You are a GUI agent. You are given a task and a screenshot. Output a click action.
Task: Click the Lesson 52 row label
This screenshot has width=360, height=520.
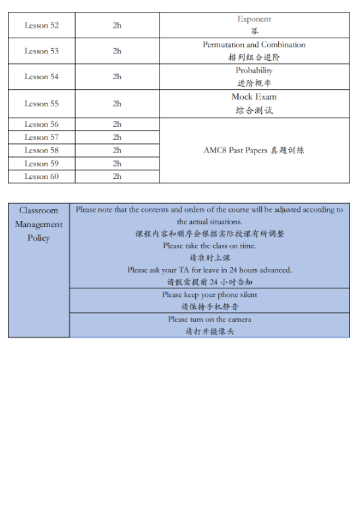click(42, 25)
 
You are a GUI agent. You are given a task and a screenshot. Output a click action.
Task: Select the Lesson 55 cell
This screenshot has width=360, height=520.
click(42, 104)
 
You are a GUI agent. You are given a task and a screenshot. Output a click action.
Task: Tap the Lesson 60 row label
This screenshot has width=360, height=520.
click(42, 176)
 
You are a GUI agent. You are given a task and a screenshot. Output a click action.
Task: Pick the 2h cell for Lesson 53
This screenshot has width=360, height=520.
click(117, 51)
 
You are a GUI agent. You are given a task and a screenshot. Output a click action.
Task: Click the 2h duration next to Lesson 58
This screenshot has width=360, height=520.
click(117, 150)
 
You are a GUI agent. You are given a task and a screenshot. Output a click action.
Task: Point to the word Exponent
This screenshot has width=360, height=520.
click(254, 19)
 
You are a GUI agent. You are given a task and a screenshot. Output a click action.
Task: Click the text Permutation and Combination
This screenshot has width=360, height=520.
click(254, 45)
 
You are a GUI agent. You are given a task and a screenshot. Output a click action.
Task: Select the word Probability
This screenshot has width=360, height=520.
click(254, 71)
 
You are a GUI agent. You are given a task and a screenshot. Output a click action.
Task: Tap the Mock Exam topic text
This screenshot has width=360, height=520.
click(254, 97)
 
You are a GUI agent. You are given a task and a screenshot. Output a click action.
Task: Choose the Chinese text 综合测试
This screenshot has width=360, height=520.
click(254, 110)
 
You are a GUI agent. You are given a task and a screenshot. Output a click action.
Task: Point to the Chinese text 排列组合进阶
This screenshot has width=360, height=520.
click(254, 57)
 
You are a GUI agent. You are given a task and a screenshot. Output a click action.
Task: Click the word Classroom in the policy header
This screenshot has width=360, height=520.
click(38, 211)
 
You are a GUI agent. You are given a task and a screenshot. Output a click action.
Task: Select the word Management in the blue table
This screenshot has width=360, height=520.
click(38, 224)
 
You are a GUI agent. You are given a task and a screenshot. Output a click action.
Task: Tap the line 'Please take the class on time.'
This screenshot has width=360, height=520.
click(210, 245)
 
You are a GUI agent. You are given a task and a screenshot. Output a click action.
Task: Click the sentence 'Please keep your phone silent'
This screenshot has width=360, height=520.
click(210, 294)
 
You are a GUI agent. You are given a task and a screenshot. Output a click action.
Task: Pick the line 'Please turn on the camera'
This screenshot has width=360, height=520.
click(210, 319)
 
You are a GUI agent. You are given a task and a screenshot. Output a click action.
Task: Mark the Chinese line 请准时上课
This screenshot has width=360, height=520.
click(210, 257)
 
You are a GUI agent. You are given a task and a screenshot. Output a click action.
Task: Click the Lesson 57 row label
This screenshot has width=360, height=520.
click(42, 137)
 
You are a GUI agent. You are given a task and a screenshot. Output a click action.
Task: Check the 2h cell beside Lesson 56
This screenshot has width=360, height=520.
click(117, 124)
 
